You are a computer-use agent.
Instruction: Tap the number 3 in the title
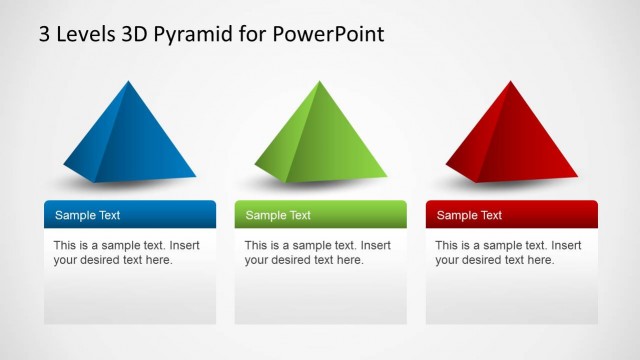coord(45,34)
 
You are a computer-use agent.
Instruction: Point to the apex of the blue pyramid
coord(129,82)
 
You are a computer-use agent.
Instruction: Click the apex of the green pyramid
coord(319,82)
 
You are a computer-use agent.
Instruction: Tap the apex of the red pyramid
coord(511,82)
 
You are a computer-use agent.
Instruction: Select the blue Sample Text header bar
coord(130,214)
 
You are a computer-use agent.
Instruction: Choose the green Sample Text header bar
coord(320,214)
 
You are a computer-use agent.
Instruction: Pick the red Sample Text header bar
coord(511,214)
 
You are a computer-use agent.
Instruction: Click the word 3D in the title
coord(138,34)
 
